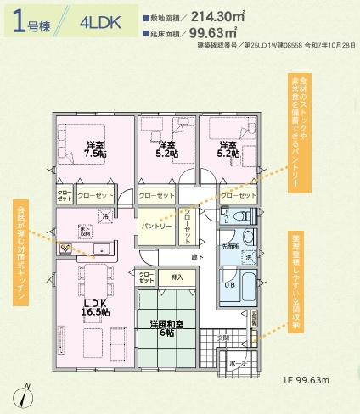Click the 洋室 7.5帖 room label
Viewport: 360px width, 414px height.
point(96,149)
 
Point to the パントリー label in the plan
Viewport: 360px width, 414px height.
point(156,227)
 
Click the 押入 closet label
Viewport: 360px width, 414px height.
point(177,277)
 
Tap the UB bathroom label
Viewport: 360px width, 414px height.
point(228,285)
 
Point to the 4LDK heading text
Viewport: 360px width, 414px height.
point(98,22)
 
